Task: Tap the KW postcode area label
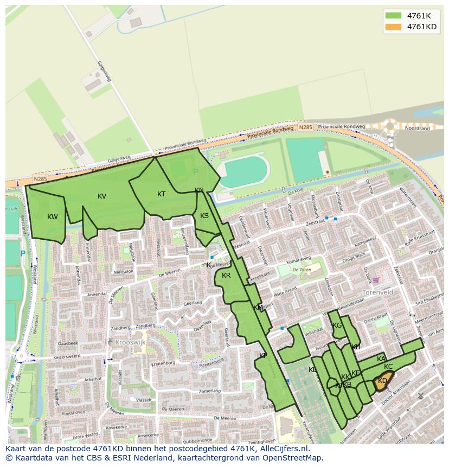tap(53, 217)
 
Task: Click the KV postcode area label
tap(102, 196)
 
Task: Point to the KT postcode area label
tap(161, 194)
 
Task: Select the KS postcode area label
tap(204, 216)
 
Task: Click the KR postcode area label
tap(226, 276)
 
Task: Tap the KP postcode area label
tap(263, 356)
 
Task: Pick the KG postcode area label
tap(337, 325)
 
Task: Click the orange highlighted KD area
tap(382, 381)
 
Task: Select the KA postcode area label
tap(381, 359)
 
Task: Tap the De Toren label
tap(302, 270)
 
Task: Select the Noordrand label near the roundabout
tap(418, 129)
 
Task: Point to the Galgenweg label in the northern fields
tap(104, 72)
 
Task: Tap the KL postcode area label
tap(312, 370)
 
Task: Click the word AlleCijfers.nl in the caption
tap(282, 449)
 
